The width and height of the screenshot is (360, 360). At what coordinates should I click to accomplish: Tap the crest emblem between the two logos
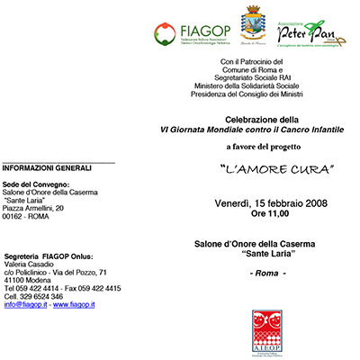(x=254, y=23)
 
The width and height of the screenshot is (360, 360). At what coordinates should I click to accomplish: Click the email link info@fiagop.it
(x=26, y=305)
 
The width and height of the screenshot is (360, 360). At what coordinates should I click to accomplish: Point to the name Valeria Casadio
(x=36, y=264)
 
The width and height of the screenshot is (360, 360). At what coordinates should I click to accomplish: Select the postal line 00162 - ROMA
(x=27, y=217)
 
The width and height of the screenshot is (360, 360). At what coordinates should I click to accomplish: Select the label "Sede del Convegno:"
(x=33, y=183)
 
